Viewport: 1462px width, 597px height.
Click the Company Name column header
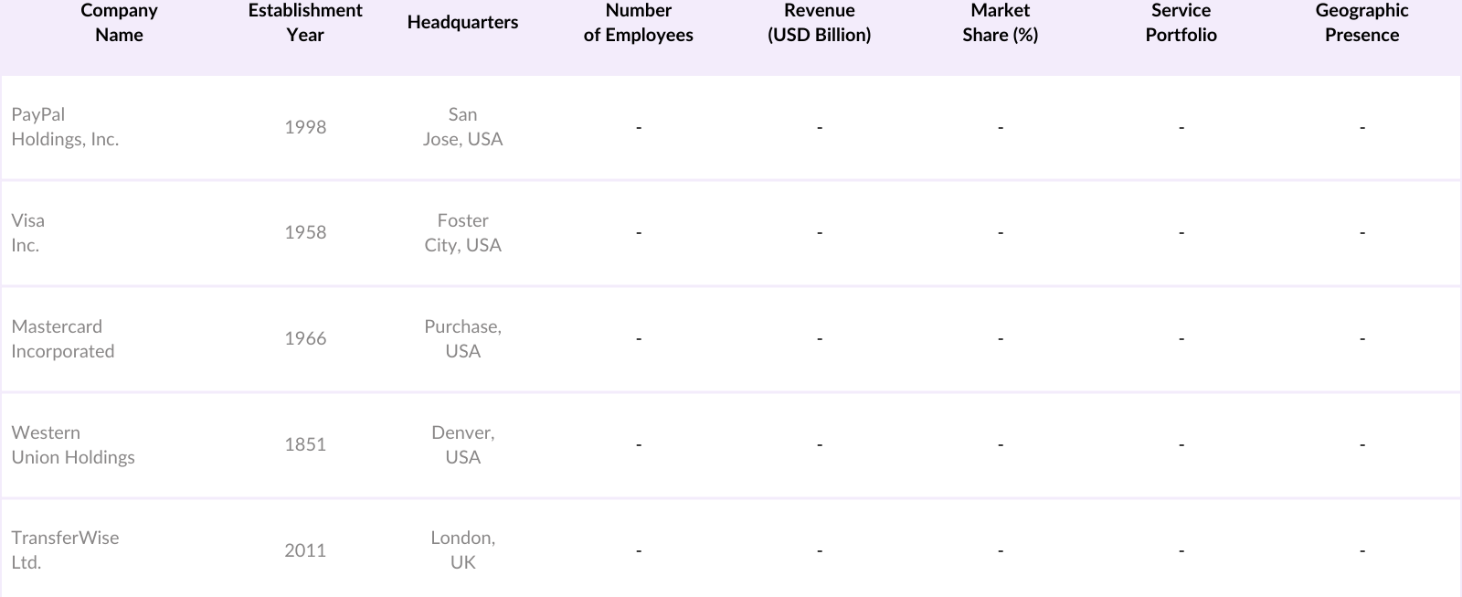(119, 23)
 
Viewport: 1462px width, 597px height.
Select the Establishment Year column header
(305, 23)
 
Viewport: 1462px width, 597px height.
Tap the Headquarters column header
(462, 23)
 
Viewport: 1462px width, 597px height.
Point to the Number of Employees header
(638, 23)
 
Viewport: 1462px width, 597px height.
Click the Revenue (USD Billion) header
(819, 23)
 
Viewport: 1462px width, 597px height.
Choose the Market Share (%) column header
(1000, 23)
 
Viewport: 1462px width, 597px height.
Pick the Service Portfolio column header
(1181, 23)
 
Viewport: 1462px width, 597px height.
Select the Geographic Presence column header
(1361, 23)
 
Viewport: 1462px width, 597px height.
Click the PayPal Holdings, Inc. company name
(65, 127)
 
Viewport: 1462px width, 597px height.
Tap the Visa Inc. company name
(27, 233)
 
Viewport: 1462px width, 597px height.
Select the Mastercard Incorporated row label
(62, 339)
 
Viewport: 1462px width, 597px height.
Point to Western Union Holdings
(72, 445)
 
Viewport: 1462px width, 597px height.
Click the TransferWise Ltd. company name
(65, 550)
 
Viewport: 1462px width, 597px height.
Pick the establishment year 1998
(305, 127)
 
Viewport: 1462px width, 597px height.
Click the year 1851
(305, 445)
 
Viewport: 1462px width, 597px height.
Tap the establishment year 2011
(305, 550)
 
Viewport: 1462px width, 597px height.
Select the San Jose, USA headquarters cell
(462, 127)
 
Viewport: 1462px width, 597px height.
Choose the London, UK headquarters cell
(462, 550)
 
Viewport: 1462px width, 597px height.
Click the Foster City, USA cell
(462, 233)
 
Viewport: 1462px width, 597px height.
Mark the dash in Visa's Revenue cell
(819, 233)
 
